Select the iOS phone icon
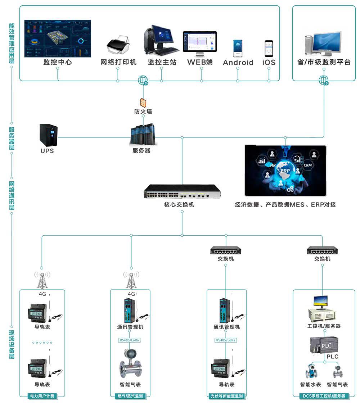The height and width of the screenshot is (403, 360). coord(269,48)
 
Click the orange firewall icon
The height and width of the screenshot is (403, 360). coord(143,102)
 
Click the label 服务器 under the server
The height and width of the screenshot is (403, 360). coord(141,151)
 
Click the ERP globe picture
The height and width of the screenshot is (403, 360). coord(285,171)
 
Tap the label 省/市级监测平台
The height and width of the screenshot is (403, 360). coord(324,62)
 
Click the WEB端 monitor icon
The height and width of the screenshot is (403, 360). coord(200,44)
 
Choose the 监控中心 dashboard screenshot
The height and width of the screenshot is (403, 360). coord(58,39)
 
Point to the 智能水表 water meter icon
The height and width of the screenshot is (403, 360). coord(310,371)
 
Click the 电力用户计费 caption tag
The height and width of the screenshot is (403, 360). coord(42,396)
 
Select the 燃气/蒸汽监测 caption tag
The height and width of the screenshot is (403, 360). coord(130,396)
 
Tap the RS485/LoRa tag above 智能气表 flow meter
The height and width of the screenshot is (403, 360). coord(130,340)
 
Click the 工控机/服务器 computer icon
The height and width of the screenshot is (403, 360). coord(321,308)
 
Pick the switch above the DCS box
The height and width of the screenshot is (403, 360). coord(322,250)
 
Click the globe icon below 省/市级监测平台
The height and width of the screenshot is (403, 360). coord(324,80)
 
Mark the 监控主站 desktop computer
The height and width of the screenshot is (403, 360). coord(161,40)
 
